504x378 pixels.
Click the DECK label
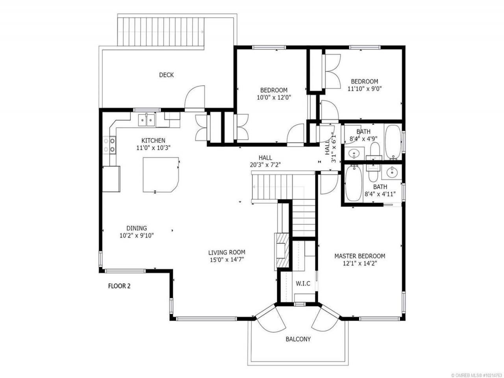[x=166, y=75]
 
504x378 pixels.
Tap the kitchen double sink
[x=146, y=120]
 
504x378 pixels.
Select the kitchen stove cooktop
[x=109, y=145]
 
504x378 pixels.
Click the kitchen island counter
[x=161, y=174]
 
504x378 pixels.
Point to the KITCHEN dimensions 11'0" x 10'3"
[x=154, y=148]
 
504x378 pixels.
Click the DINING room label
[x=137, y=228]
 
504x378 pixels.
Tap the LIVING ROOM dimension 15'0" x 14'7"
[x=227, y=259]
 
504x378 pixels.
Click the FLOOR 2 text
[x=119, y=286]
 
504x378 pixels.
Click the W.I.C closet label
[x=303, y=283]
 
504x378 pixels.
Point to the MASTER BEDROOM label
[x=360, y=256]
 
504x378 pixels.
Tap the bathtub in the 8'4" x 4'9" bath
[x=393, y=142]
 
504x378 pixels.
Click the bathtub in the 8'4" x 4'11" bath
[x=354, y=183]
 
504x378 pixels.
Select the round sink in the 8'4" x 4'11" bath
[x=391, y=172]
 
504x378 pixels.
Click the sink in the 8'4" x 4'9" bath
[x=353, y=154]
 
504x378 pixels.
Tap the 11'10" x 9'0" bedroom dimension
[x=365, y=89]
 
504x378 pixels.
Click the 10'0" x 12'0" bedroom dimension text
[x=274, y=98]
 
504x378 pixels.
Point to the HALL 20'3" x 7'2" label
[x=265, y=161]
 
